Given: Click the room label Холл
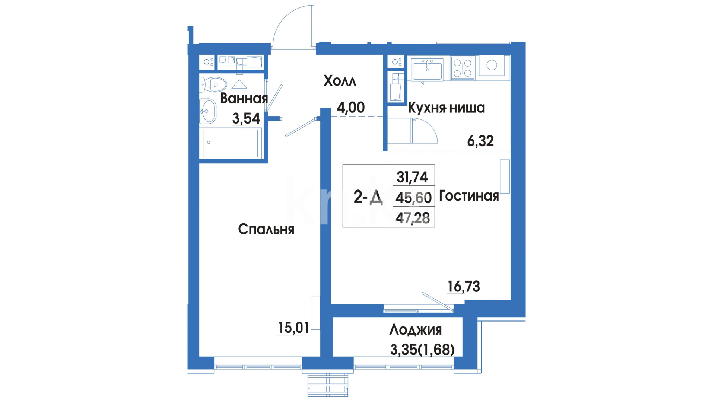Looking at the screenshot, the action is pos(340,81).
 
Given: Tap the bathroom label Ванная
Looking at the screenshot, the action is pos(244,99).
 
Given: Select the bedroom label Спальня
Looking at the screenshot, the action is pos(266,229).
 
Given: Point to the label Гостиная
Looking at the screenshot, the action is pos(469,196).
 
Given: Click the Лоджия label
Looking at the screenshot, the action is pos(416,330).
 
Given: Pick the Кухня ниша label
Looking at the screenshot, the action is pos(447,108).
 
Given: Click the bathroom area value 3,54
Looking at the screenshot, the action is pos(246,119).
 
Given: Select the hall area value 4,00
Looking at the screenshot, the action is pos(351,108).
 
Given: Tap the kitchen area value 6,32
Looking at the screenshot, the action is pos(480,141).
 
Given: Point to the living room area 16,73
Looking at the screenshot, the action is pos(464,287).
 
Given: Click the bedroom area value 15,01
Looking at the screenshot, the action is pos(294,328).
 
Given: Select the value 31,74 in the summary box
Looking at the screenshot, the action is pos(412,177).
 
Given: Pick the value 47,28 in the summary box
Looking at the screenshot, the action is pos(413,218).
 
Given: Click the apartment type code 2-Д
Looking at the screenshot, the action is pos(368,197).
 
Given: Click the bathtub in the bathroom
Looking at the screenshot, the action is pos(231,143).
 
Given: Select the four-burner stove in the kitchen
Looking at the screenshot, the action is pos(463,68).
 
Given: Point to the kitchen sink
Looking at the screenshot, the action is pos(428,69).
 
